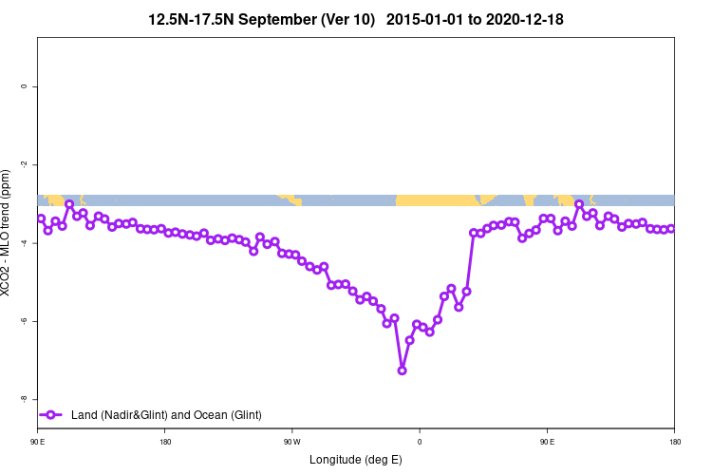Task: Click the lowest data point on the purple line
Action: [x=402, y=370]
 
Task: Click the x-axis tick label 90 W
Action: [x=291, y=442]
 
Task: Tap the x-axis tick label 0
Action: [x=420, y=442]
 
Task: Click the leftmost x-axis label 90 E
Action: [x=37, y=442]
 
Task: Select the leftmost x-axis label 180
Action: [x=165, y=442]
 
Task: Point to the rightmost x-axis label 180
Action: [x=674, y=442]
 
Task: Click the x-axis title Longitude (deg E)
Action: [x=356, y=461]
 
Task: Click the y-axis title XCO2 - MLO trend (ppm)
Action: [x=9, y=233]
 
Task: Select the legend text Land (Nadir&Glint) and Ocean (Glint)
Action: [x=166, y=414]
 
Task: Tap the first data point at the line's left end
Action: [x=41, y=218]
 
